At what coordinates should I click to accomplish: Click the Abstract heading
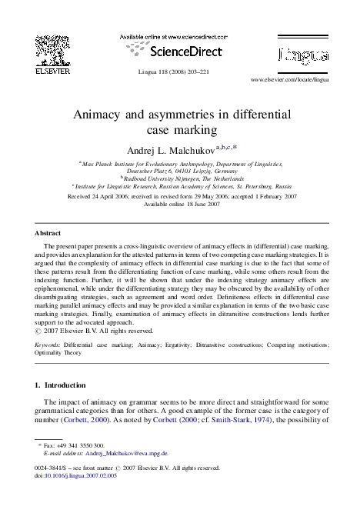pos(49,232)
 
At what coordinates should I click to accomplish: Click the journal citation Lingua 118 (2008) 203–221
pos(177,72)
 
